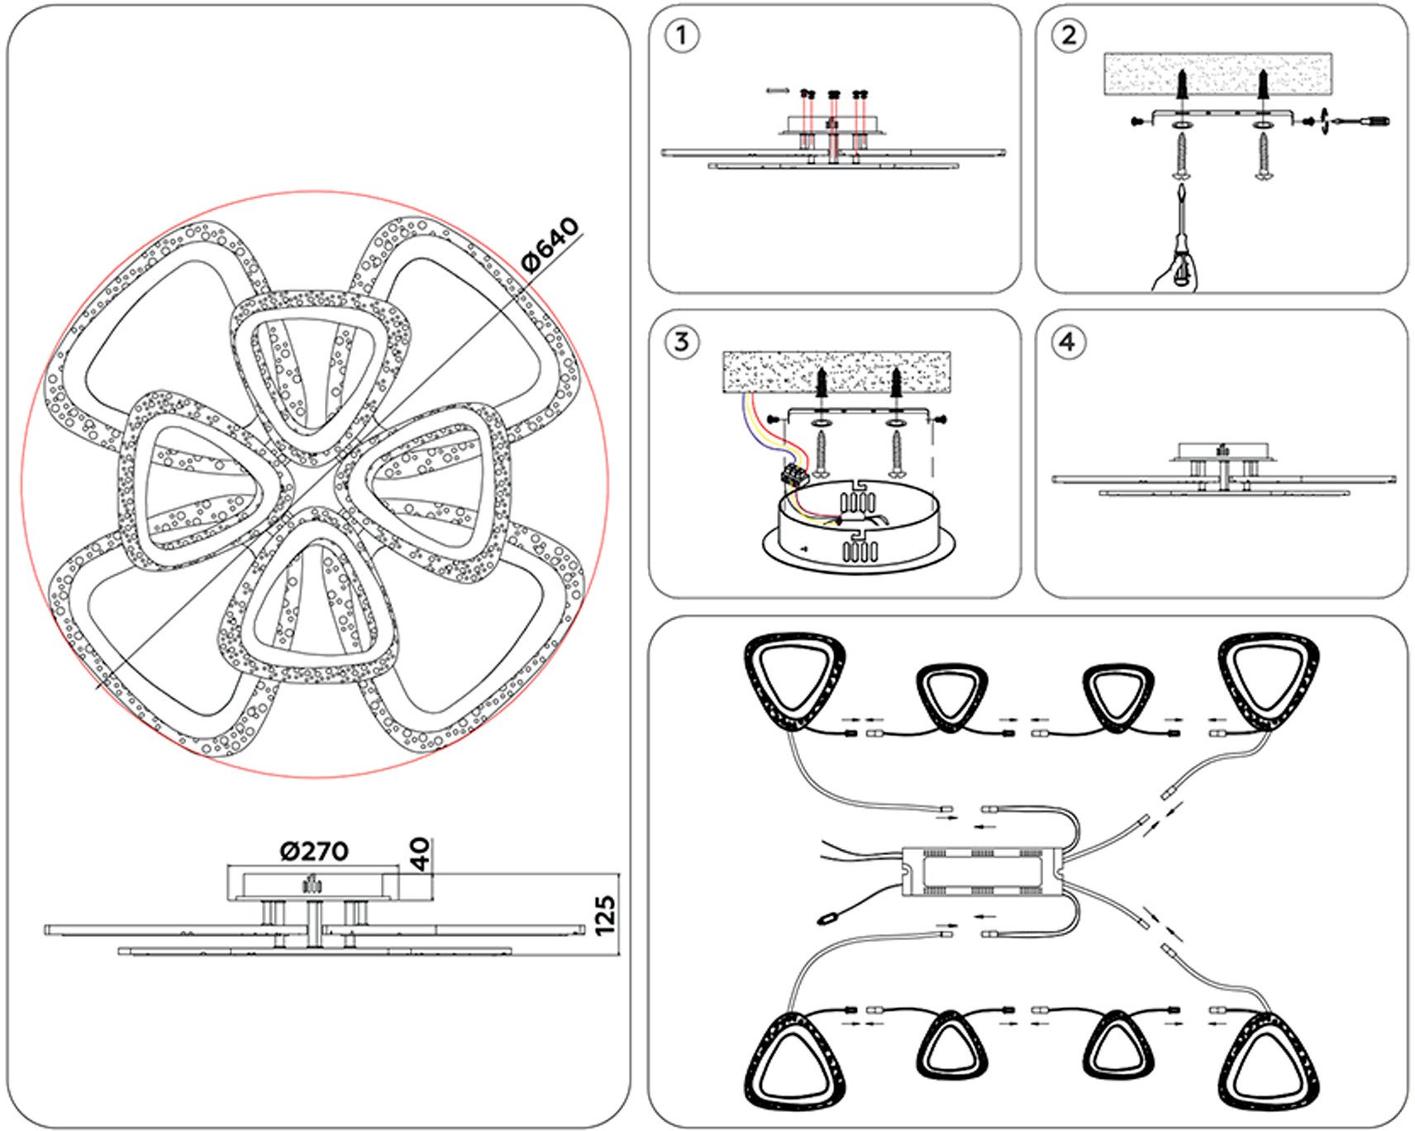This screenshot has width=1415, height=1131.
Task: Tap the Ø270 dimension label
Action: pyautogui.click(x=314, y=851)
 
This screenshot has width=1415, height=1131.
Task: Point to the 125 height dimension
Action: pyautogui.click(x=605, y=915)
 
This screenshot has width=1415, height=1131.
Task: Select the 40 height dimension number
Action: pyautogui.click(x=421, y=854)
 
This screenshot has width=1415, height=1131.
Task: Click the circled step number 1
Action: pyautogui.click(x=681, y=36)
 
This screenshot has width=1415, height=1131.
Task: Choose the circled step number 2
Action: pyautogui.click(x=1068, y=36)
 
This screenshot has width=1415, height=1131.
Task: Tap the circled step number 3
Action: pyautogui.click(x=681, y=341)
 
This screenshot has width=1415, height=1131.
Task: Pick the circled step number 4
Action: pyautogui.click(x=1068, y=341)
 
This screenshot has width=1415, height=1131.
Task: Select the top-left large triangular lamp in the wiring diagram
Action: pyautogui.click(x=794, y=680)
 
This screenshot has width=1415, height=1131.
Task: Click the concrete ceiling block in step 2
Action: pyautogui.click(x=1217, y=74)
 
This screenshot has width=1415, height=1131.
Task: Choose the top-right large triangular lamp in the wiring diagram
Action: pyautogui.click(x=1269, y=680)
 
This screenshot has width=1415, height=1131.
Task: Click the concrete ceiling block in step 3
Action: pyautogui.click(x=836, y=371)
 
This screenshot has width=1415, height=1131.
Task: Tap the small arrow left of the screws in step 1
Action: pyautogui.click(x=778, y=90)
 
